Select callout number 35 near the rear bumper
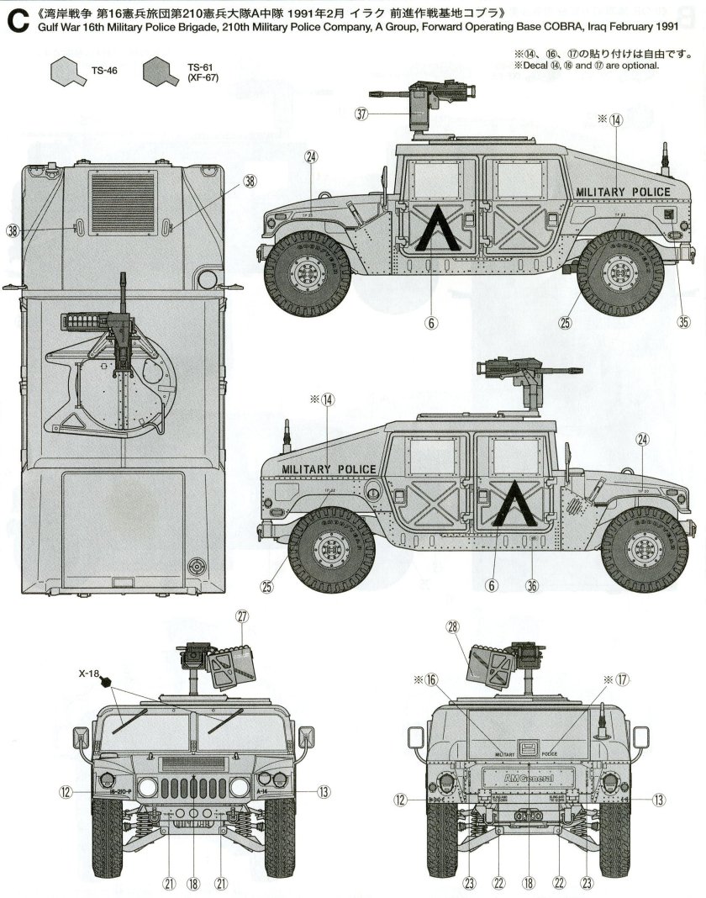pos(683,320)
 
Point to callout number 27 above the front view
pos(242,615)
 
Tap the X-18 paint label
pos(90,673)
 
